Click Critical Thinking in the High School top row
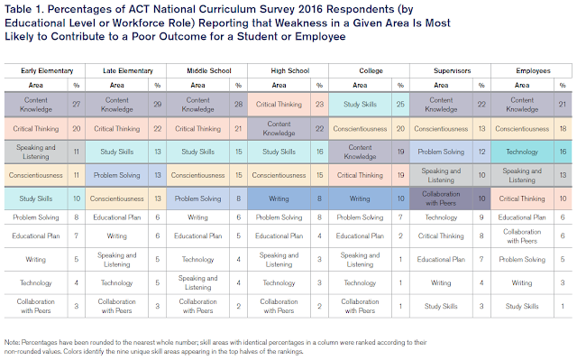click(281, 104)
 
